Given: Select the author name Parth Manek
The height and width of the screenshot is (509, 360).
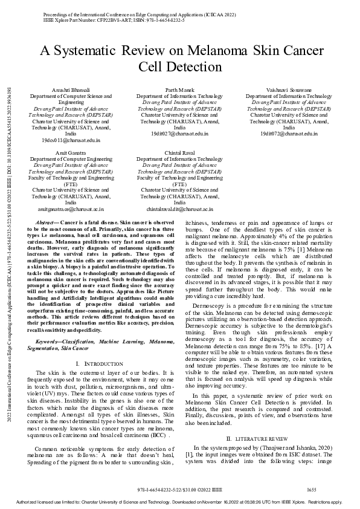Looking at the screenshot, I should (x=179, y=90).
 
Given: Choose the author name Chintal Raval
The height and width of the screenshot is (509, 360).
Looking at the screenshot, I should (x=179, y=153).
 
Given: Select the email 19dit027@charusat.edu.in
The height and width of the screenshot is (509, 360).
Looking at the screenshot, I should (x=179, y=134).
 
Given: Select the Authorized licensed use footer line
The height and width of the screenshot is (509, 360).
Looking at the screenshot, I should (x=179, y=502).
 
